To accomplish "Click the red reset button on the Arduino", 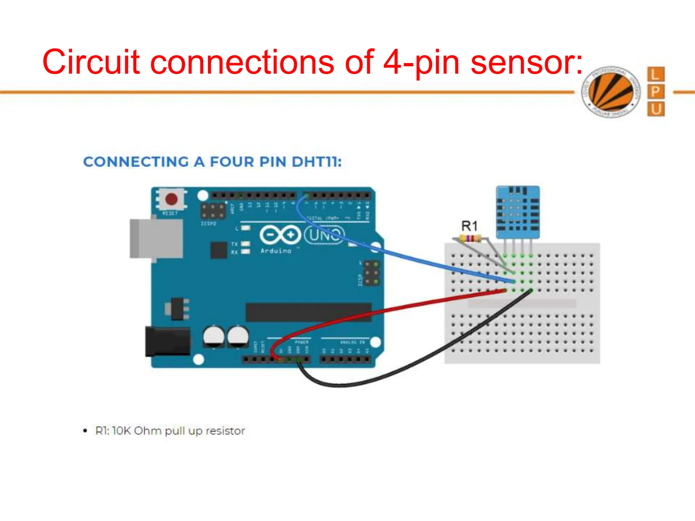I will click(171, 199).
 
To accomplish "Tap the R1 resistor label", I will click(469, 226).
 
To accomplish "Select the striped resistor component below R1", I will click(470, 238).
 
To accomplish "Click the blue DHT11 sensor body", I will click(518, 212).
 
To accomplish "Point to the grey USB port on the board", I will click(156, 238).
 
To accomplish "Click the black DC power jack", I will click(167, 342).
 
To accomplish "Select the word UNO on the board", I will click(324, 235).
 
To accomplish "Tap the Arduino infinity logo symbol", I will click(280, 235).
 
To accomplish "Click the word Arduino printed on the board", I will click(276, 251).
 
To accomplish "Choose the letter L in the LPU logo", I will click(656, 74).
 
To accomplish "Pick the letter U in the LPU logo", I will click(656, 109).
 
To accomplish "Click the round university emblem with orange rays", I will click(611, 92).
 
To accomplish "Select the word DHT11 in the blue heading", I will click(316, 162).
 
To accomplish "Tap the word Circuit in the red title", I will click(91, 62).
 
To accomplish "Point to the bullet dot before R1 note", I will click(85, 431).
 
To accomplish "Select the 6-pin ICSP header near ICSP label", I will click(372, 273).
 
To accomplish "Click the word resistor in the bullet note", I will click(225, 431).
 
